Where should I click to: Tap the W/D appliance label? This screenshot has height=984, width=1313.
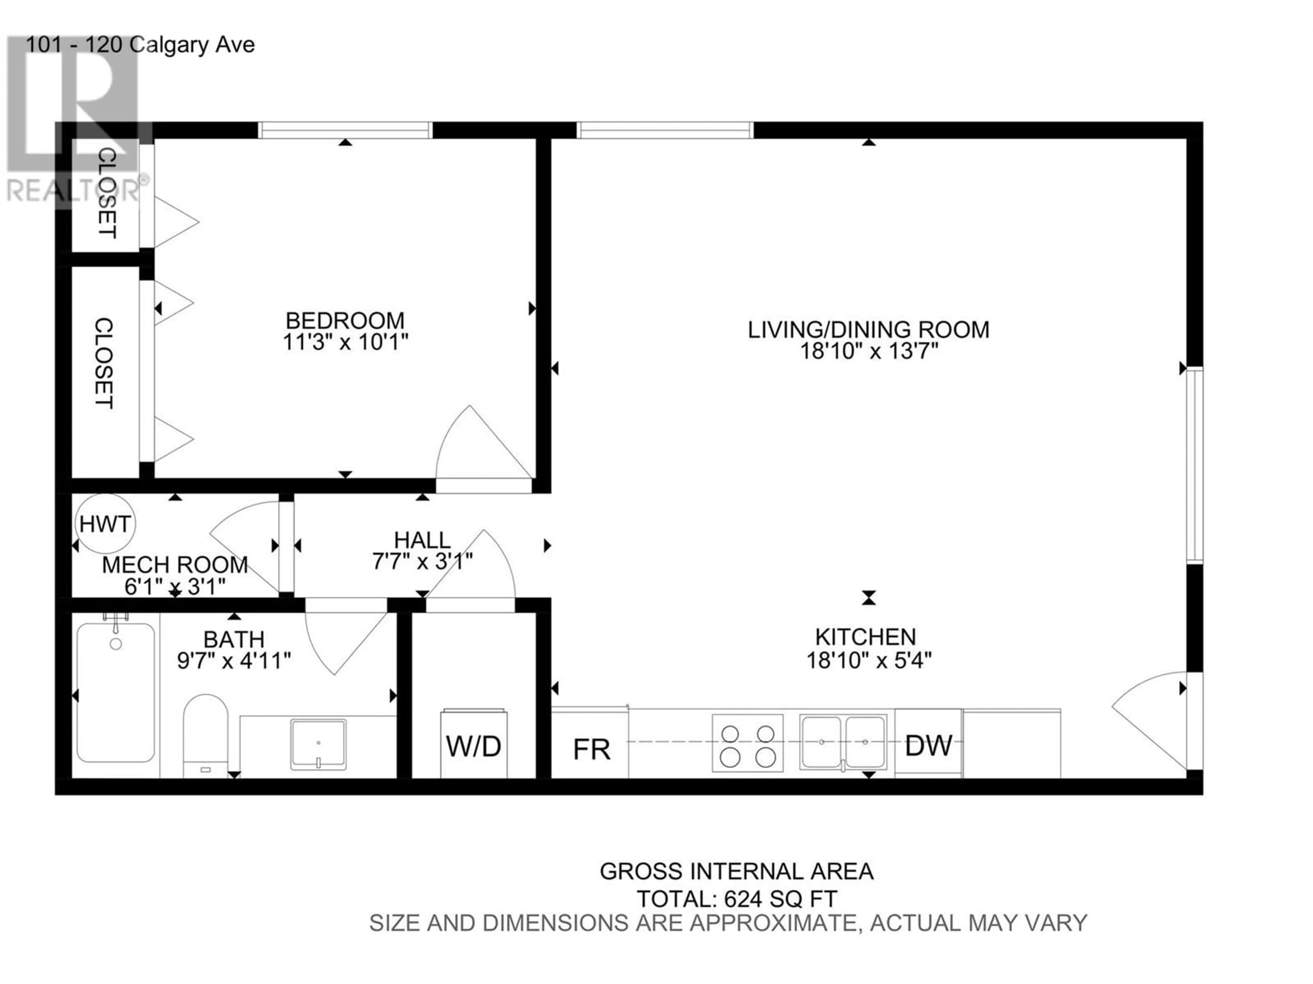[x=473, y=746]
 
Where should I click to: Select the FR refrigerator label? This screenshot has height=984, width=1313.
[x=591, y=750]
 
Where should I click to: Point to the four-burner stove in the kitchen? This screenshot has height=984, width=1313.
[x=747, y=742]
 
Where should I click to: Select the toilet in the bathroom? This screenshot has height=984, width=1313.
[x=205, y=736]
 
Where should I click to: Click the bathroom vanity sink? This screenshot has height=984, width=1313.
[x=318, y=744]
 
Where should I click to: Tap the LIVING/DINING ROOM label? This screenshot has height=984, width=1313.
[x=868, y=330]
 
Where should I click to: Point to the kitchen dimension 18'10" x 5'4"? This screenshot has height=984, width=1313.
[x=868, y=659]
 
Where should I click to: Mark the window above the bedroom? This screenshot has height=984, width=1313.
[x=345, y=130]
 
